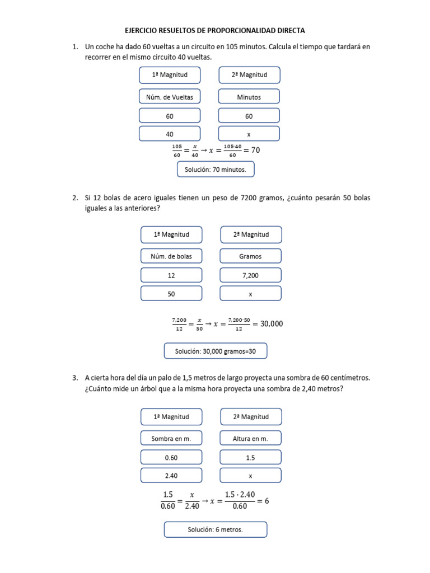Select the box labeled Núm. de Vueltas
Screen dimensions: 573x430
pos(170,97)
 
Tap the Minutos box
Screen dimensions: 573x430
pos(249,97)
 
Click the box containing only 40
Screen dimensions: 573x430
pos(170,134)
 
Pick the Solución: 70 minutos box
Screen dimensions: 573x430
pos(216,169)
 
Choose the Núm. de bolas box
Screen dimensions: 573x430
pos(171,256)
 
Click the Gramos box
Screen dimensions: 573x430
pos(250,256)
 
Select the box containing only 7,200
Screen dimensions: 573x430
pos(250,275)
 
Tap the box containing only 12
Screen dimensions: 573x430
pos(171,275)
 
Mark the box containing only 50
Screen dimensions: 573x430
pos(171,294)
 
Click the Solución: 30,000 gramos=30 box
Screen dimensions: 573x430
pos(215,351)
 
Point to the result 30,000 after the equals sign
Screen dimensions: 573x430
pos(273,323)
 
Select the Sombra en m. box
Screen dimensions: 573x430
pos(171,439)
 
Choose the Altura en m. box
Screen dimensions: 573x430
pos(250,439)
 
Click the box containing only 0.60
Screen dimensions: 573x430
pos(171,458)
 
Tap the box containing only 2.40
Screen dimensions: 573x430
pos(171,476)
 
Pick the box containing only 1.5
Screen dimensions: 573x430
pos(250,458)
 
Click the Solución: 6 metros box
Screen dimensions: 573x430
pos(215,529)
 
